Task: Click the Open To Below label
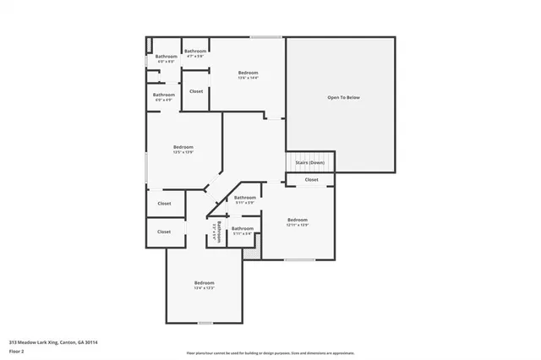point(343,98)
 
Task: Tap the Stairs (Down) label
point(310,162)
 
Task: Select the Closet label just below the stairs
point(311,179)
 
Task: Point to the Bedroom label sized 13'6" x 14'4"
point(247,74)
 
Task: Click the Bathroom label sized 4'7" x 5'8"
point(196,52)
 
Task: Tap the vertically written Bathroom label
point(218,232)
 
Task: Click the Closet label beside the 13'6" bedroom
point(195,91)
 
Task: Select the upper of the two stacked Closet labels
point(164,203)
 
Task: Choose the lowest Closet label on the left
point(164,231)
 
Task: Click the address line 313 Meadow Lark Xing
point(53,342)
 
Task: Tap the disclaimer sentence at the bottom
point(270,353)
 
